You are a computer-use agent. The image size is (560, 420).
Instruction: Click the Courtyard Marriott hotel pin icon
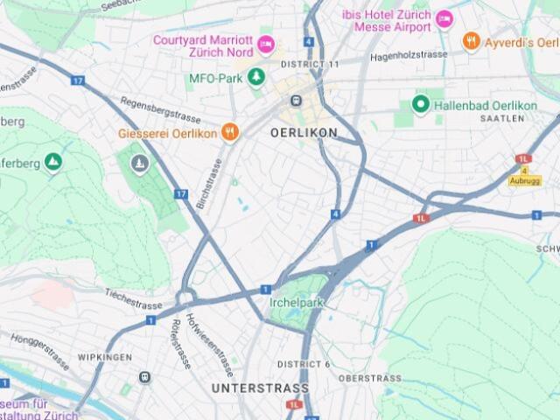point(266,44)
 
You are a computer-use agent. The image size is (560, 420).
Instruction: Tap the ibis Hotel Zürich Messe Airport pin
point(444,19)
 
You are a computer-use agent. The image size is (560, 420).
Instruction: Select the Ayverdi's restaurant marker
point(471,40)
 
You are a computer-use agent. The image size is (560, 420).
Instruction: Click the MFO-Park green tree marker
point(256,78)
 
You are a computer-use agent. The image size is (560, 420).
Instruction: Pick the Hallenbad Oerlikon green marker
point(420,105)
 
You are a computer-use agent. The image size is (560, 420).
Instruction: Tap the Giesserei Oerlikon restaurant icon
point(229,133)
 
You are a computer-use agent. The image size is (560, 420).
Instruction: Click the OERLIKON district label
point(304,133)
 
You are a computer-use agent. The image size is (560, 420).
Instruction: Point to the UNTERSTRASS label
point(260,388)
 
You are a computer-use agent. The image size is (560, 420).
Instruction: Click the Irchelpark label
point(297,303)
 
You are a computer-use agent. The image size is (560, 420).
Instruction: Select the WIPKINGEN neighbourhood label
point(104,358)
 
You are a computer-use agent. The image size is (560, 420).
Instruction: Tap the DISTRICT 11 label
point(310,65)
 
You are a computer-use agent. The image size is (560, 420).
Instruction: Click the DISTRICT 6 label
point(304,364)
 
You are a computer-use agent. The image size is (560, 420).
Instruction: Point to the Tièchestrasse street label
point(134,299)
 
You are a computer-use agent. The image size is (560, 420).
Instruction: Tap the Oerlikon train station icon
point(297,101)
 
